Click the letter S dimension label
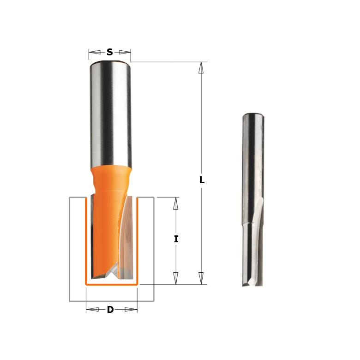point(109,52)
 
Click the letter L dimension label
point(202,180)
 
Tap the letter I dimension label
point(176,239)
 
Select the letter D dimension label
point(110,310)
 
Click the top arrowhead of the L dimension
point(201,68)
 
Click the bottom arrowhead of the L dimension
point(201,278)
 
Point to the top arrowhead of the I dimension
point(176,203)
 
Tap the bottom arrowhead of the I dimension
point(176,278)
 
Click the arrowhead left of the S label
point(95,52)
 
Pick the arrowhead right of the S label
point(125,52)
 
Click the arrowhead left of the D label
point(92,309)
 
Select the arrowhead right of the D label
point(131,309)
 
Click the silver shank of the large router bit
point(110,115)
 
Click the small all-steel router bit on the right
point(253,198)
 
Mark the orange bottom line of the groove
point(111,285)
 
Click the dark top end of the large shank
point(110,63)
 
